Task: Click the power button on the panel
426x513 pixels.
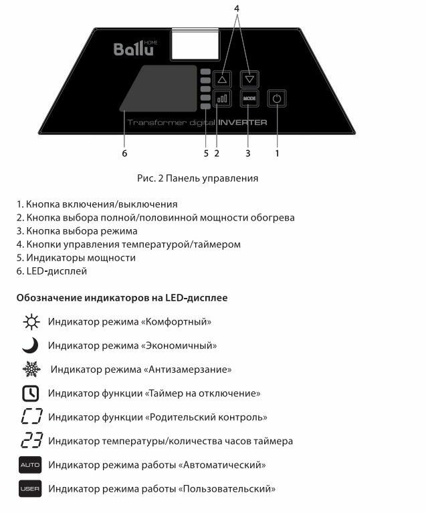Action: [x=277, y=98]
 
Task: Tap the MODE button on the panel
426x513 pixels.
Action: [x=249, y=98]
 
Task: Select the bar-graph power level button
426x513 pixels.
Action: [x=222, y=98]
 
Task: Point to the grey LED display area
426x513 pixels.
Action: [x=159, y=88]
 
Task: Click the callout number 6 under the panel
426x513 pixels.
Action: [x=124, y=153]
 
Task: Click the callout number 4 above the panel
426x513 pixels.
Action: [x=236, y=8]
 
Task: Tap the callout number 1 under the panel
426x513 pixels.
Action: [x=277, y=153]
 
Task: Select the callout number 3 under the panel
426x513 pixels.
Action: [x=248, y=153]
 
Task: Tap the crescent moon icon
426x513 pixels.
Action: [x=31, y=345]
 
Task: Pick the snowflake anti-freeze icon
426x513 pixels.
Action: [x=31, y=369]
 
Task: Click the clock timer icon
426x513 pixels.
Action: [x=31, y=393]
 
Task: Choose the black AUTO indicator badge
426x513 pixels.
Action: [x=30, y=464]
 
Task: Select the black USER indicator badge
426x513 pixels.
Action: [x=30, y=489]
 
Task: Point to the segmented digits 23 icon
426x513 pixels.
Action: [x=31, y=441]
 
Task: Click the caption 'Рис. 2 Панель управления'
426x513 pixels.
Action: [x=198, y=178]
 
